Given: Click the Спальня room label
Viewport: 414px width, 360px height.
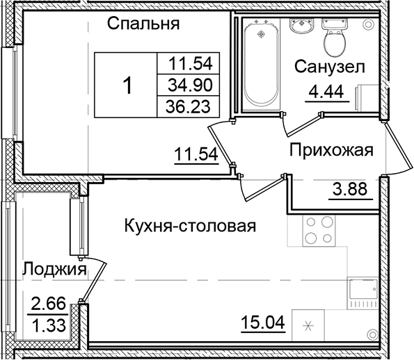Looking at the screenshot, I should [x=144, y=25].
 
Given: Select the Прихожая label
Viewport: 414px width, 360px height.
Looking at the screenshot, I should [x=332, y=150].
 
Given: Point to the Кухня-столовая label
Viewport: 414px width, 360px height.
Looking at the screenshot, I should [x=190, y=226].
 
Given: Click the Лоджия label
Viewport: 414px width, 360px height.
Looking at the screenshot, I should [x=54, y=268].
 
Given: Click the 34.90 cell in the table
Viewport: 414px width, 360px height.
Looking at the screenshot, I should [x=190, y=85].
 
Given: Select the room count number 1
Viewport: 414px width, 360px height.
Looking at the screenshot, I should [x=127, y=85].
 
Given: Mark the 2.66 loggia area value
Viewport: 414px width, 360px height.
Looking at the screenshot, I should [x=47, y=303].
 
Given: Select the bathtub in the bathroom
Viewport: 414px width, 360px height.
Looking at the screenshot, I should [x=261, y=63].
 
